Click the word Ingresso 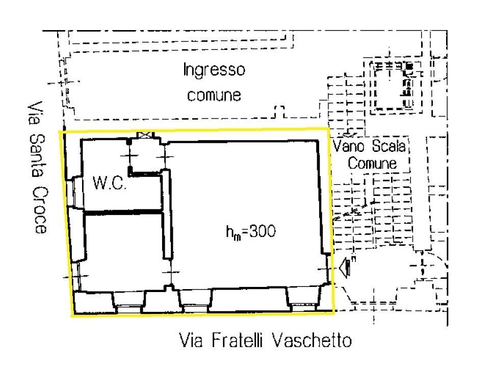(214, 70)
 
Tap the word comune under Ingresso (214, 95)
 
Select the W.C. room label (109, 183)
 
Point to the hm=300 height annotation (250, 232)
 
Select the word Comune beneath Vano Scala (372, 164)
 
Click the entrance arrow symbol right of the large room (346, 267)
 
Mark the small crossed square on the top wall (145, 135)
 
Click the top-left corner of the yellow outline (61, 131)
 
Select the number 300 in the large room (263, 232)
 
